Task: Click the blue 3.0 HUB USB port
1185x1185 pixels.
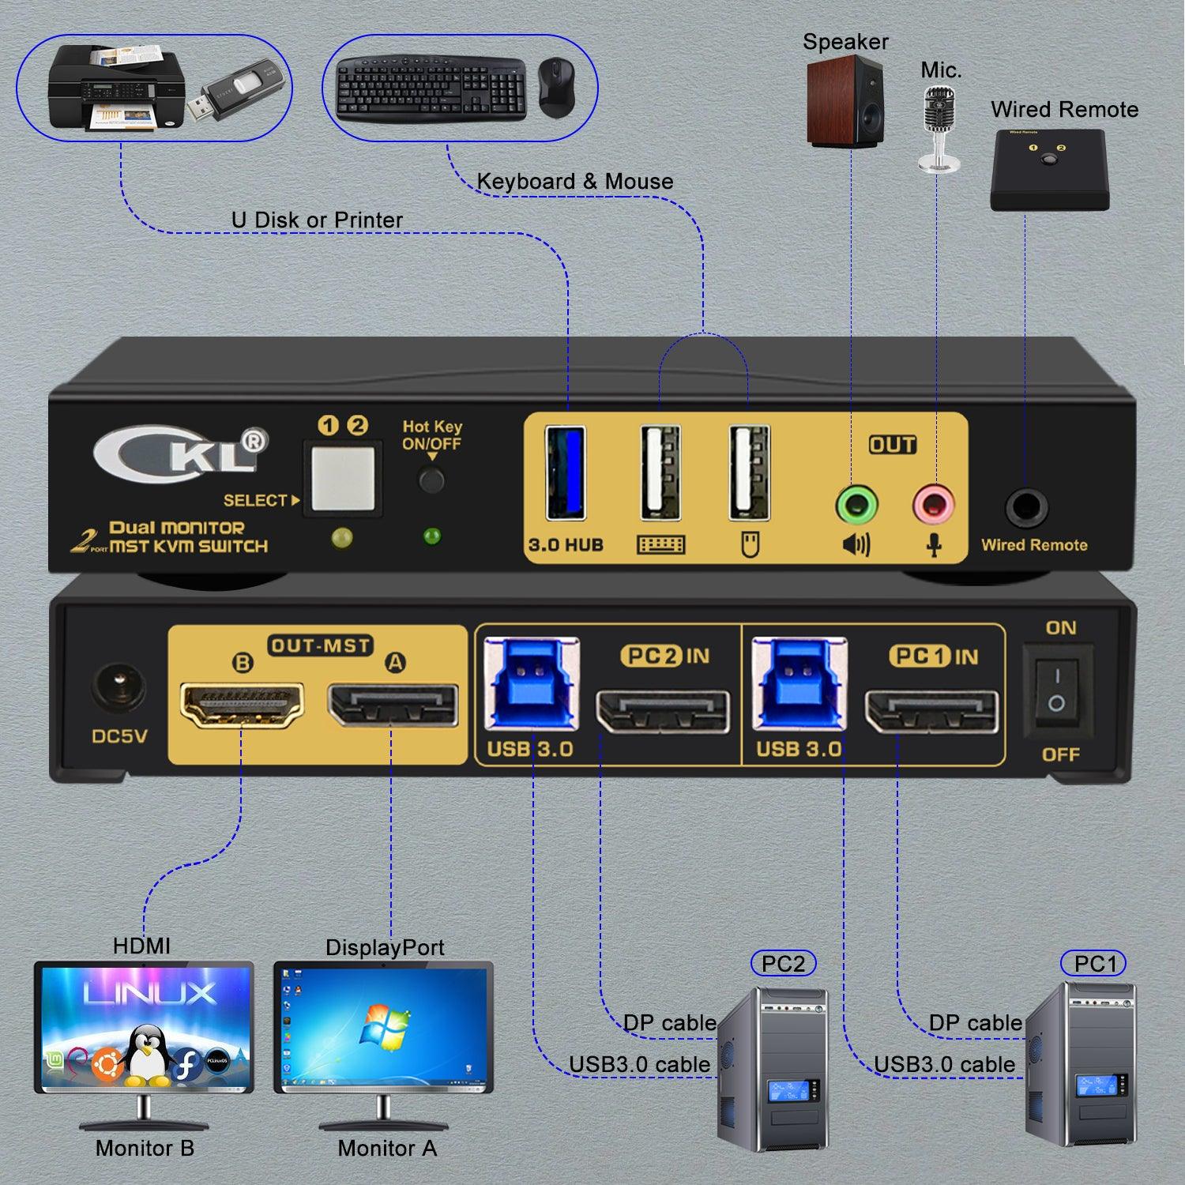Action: (x=566, y=472)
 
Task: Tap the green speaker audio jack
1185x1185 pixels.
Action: (x=856, y=504)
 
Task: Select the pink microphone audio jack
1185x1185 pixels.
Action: (x=933, y=504)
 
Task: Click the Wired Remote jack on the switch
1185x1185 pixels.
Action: (x=1026, y=508)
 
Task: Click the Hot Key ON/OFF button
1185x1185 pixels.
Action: (x=431, y=480)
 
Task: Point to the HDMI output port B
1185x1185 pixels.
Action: (x=243, y=705)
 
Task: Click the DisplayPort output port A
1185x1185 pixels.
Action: (x=393, y=705)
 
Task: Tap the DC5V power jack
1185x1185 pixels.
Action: (x=118, y=686)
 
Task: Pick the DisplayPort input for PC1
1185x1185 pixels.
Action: (x=932, y=711)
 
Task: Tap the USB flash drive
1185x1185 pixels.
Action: (x=236, y=91)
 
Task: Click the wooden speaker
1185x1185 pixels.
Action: (x=845, y=104)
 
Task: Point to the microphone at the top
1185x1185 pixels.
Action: (x=939, y=126)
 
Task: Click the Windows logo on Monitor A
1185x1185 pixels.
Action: (x=385, y=1027)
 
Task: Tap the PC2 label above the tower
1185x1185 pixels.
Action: (x=783, y=964)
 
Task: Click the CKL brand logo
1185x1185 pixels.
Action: (x=181, y=453)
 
